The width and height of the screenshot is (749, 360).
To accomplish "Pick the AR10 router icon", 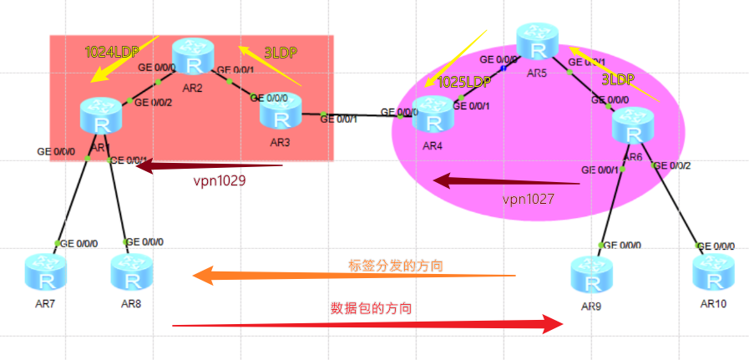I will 712,273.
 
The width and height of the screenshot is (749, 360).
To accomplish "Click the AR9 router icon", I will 591,276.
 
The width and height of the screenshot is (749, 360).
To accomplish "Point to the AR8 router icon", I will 130,272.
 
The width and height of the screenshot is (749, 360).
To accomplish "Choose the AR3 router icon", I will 279,111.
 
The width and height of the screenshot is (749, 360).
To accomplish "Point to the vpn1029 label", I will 219,180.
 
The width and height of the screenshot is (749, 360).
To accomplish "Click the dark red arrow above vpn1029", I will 209,166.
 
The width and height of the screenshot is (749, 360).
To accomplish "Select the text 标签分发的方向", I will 395,265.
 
